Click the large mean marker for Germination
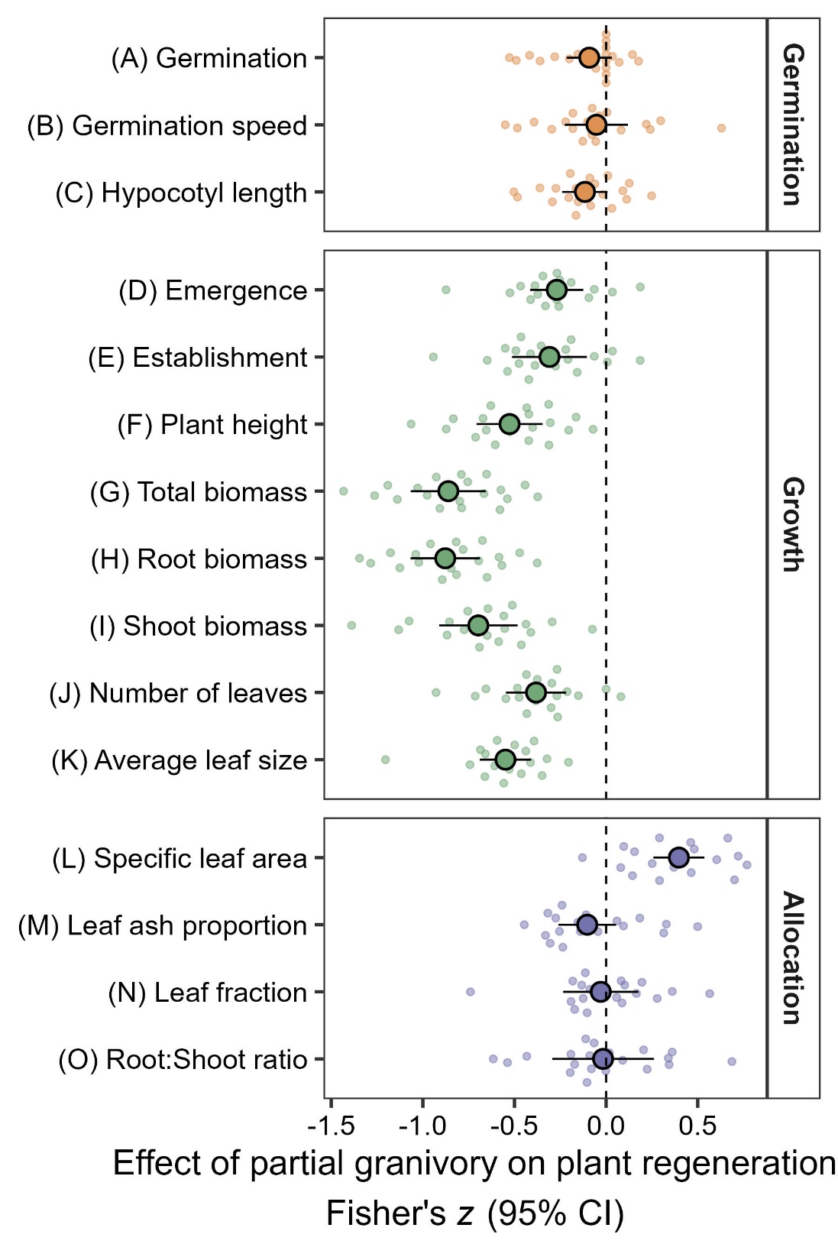[588, 58]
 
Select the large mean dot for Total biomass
[448, 491]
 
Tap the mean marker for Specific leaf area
[678, 858]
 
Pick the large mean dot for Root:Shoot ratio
[603, 1059]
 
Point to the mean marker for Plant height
[509, 424]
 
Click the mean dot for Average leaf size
[505, 760]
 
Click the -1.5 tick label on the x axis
[331, 1126]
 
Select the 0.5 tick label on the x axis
[697, 1126]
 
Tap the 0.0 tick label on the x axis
[606, 1126]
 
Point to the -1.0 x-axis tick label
[422, 1126]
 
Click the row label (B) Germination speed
[167, 126]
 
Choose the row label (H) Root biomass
[199, 559]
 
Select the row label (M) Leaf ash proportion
[162, 925]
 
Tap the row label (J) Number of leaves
[178, 693]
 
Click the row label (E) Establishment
[197, 358]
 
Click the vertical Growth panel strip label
[793, 524]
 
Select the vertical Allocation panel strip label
[793, 957]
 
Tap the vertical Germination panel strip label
[793, 124]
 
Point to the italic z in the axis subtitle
[465, 1213]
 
